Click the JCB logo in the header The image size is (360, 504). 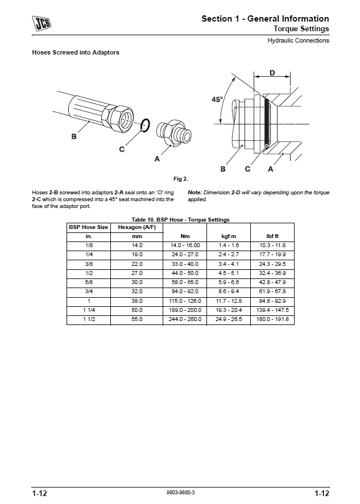(x=41, y=23)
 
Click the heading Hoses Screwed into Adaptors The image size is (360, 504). (x=76, y=53)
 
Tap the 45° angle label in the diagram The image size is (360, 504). (x=217, y=99)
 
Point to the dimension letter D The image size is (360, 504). (x=272, y=73)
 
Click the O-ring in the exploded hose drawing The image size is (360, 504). (x=146, y=125)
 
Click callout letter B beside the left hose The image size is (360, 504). (x=74, y=136)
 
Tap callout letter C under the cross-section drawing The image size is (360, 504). (x=247, y=169)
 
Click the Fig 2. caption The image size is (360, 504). (x=181, y=179)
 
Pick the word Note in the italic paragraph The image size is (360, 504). (x=195, y=193)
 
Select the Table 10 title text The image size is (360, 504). (x=180, y=219)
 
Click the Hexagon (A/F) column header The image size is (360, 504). (x=136, y=227)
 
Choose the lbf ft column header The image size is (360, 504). (x=272, y=236)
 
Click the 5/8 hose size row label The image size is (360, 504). (x=89, y=282)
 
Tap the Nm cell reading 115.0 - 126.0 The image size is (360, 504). (x=185, y=301)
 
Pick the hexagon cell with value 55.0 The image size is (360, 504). (x=136, y=319)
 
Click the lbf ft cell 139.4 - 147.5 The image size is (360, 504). (x=273, y=310)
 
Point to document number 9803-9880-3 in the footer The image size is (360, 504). (x=180, y=493)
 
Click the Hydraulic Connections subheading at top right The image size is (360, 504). (x=299, y=40)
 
